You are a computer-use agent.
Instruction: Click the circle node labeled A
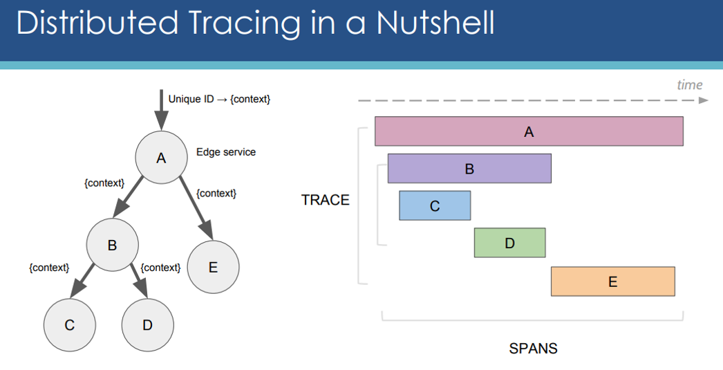tap(161, 157)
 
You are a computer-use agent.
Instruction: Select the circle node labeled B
tap(113, 245)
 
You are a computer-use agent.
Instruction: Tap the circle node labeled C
tap(70, 325)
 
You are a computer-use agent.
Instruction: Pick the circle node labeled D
tap(147, 325)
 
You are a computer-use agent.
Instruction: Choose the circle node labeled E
tap(213, 267)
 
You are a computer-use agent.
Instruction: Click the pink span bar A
tap(529, 131)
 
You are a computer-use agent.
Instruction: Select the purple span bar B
tap(469, 168)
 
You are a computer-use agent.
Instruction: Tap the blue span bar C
tap(435, 205)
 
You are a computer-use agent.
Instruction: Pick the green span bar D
tap(509, 243)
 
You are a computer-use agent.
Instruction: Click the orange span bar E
tap(613, 281)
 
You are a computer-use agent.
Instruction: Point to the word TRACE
tap(326, 200)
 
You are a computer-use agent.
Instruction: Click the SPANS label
tap(533, 349)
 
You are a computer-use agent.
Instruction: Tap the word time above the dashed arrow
tap(690, 85)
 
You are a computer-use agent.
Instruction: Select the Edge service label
tap(226, 152)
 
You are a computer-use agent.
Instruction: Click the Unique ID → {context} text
tap(219, 99)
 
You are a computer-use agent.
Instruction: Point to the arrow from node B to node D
tap(139, 281)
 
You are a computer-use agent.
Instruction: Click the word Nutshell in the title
tap(435, 22)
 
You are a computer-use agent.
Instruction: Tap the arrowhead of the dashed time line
tap(704, 100)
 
